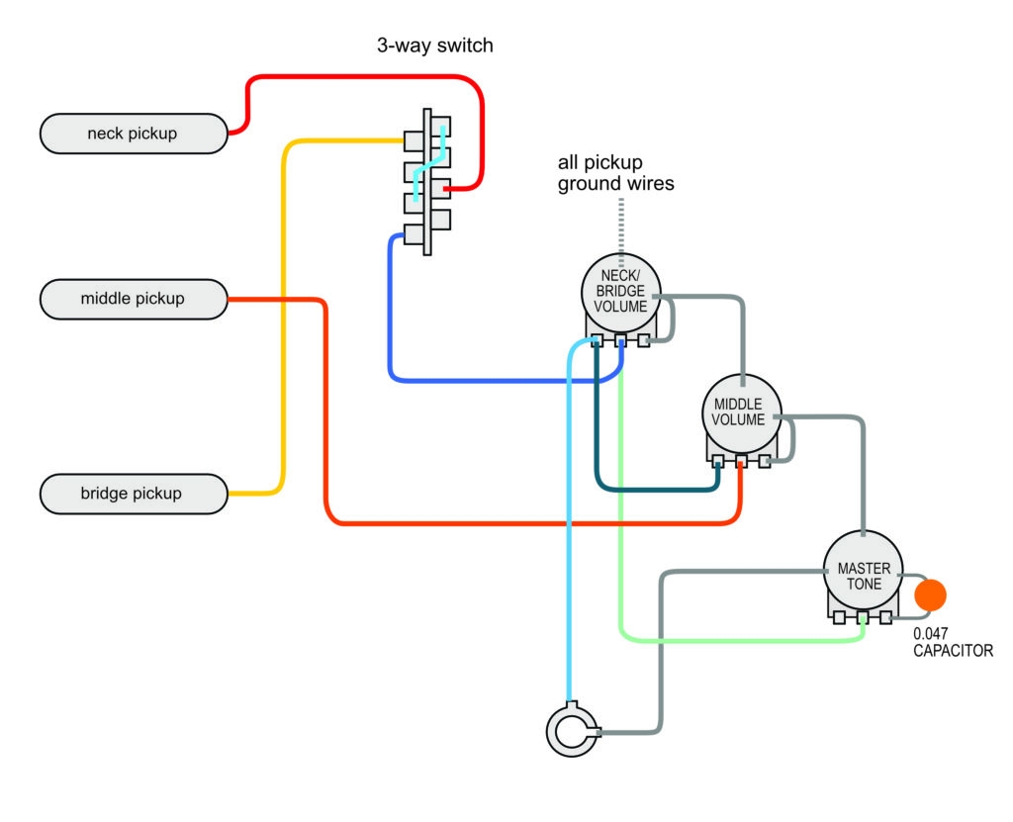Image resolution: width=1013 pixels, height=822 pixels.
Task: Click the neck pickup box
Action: tap(133, 134)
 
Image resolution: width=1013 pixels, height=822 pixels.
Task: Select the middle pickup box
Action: tap(133, 298)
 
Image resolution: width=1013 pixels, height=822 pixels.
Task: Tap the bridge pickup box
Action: tap(133, 493)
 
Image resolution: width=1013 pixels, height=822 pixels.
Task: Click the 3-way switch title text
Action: tap(434, 46)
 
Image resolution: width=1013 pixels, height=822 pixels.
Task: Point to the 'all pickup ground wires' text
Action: tap(615, 172)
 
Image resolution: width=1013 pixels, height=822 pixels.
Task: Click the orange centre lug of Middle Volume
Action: tap(742, 461)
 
